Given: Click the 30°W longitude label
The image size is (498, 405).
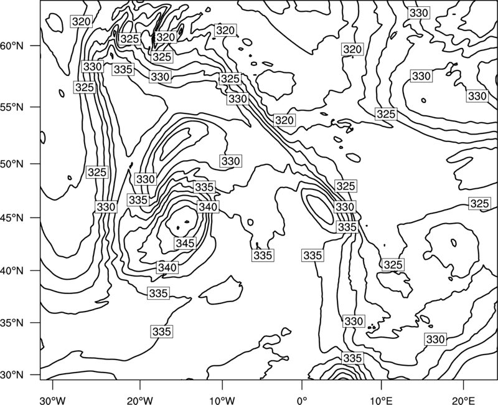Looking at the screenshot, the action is (x=52, y=400).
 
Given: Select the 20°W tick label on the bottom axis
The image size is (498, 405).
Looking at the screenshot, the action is (x=139, y=400).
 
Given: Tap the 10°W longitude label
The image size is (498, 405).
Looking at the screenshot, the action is (x=222, y=400).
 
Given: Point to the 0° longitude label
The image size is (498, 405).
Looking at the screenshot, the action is (x=302, y=400).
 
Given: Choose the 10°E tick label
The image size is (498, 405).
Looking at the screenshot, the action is (x=381, y=400).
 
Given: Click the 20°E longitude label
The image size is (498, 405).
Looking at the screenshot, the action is (x=463, y=400).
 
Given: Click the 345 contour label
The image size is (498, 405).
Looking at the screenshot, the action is (x=186, y=243).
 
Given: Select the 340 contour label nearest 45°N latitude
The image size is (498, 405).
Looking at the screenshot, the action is (x=208, y=207).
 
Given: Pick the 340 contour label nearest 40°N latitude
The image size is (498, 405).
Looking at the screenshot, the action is (x=167, y=267).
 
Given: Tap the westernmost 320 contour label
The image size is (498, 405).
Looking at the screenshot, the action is (x=82, y=22).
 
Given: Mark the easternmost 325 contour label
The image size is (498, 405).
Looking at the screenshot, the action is (x=479, y=204).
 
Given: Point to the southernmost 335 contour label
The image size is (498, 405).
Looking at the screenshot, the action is (x=352, y=358).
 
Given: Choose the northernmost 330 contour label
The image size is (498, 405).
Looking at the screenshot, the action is (x=419, y=13).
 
